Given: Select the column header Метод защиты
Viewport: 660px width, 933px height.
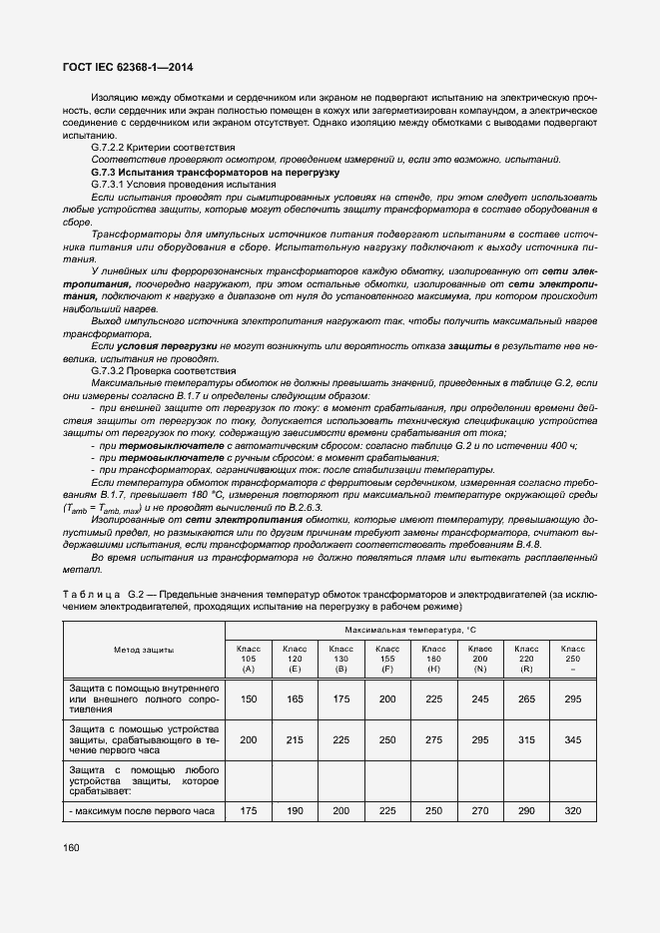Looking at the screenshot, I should coord(145,650).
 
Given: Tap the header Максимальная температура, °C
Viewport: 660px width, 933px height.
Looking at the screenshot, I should coord(411,631).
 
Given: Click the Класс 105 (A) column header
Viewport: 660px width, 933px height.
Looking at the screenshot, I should coord(249,658).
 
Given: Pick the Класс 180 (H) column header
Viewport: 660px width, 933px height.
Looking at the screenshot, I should coord(433,658).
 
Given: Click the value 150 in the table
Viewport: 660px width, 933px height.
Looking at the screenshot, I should coord(249,700).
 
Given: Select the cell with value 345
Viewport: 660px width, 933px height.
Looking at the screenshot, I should coord(572,739).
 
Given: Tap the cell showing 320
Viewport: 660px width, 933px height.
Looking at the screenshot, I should coord(572,812).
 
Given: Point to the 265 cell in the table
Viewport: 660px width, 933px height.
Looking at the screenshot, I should coord(526,700).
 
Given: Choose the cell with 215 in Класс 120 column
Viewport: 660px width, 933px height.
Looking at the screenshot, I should coord(295,739).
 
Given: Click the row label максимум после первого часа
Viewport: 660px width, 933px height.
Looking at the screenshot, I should coord(142,812).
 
